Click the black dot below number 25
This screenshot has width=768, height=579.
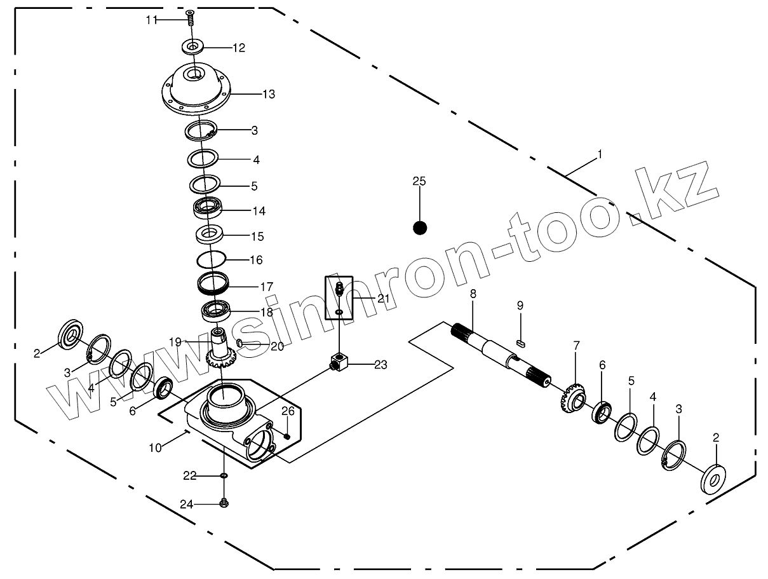click(x=420, y=228)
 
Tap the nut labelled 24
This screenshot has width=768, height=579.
click(x=223, y=503)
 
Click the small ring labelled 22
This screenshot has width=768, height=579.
click(x=223, y=475)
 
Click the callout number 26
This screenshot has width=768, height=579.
click(x=288, y=411)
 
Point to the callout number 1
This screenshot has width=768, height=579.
click(x=600, y=154)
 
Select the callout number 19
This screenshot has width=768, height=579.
click(x=175, y=342)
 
